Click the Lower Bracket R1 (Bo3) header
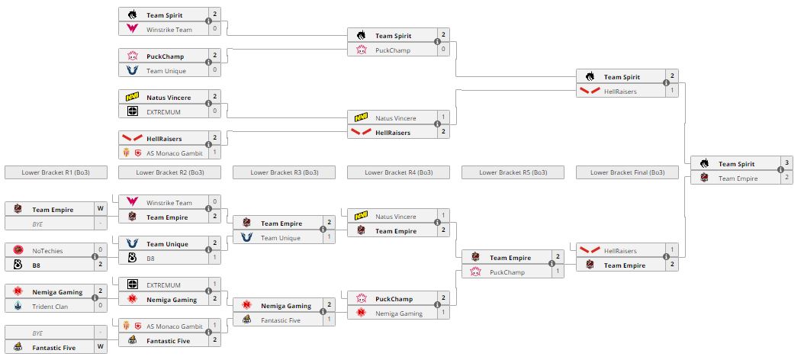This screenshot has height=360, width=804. click(x=55, y=172)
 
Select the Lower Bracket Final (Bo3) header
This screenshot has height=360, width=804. click(x=627, y=172)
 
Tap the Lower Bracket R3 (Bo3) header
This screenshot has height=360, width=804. click(x=284, y=172)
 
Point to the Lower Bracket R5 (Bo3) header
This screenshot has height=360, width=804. click(x=513, y=172)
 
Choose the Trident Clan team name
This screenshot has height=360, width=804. click(x=50, y=305)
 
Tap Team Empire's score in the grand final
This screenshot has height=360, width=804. click(x=786, y=178)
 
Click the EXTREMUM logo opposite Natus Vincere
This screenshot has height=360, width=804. click(x=133, y=111)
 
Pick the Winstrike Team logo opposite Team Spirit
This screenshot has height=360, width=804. click(x=133, y=29)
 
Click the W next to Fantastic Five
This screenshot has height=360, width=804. click(x=100, y=347)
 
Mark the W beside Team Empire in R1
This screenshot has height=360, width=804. click(x=100, y=208)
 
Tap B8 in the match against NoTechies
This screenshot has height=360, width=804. click(x=37, y=264)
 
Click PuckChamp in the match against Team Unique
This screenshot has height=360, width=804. click(x=165, y=56)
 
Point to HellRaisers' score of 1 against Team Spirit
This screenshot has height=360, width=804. click(x=672, y=91)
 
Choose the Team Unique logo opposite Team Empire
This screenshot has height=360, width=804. click(x=247, y=237)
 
